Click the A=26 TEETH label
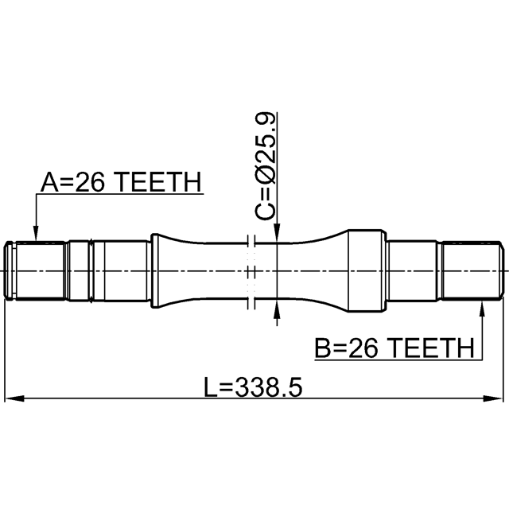tap(121, 182)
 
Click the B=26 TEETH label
tap(394, 348)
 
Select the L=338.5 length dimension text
tap(253, 387)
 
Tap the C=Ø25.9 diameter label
tap(266, 166)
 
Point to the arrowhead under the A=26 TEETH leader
tap(36, 234)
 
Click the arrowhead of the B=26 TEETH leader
tap(482, 309)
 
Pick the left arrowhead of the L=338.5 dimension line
tap(14, 398)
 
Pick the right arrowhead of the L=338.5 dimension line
tap(493, 398)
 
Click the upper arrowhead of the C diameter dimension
tap(277, 233)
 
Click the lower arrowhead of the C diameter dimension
tap(277, 308)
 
